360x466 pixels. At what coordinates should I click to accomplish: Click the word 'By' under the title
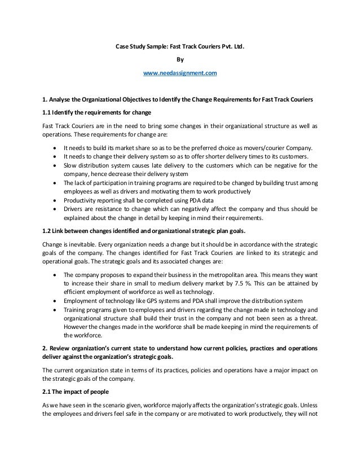(x=180, y=58)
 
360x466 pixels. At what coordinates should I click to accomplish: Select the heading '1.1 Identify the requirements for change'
(x=93, y=112)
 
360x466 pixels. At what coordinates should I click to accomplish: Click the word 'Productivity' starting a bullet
(x=79, y=199)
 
